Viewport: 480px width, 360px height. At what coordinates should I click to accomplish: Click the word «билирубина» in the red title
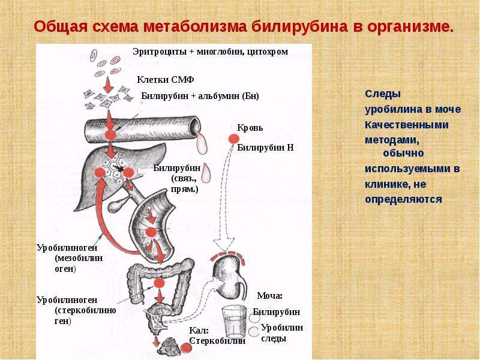299,26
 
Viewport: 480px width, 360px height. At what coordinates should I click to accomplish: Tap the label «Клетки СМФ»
166,80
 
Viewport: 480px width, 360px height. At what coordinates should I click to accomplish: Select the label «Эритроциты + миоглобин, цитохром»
211,52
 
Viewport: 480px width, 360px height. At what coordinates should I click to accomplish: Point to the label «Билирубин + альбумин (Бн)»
200,96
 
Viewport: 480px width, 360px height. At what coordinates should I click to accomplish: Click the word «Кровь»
250,128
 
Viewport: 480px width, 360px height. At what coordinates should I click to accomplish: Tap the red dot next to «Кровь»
233,139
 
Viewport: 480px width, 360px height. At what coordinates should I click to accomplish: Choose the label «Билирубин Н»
265,148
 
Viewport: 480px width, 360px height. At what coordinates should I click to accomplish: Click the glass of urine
234,321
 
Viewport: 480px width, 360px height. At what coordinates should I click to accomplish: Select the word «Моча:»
269,296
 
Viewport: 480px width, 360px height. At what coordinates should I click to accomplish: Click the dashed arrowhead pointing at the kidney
224,245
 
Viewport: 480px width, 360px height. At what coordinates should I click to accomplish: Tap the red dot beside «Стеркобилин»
186,348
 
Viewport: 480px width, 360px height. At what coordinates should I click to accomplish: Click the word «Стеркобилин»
217,341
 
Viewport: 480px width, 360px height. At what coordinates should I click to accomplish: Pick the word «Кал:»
199,331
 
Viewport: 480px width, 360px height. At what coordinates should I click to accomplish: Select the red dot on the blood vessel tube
110,134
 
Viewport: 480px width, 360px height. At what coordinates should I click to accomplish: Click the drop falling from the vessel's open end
201,143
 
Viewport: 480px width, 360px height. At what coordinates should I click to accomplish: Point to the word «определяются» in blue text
403,200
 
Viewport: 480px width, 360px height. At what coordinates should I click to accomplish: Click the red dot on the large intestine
159,283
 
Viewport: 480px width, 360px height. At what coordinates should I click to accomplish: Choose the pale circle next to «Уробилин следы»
254,332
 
